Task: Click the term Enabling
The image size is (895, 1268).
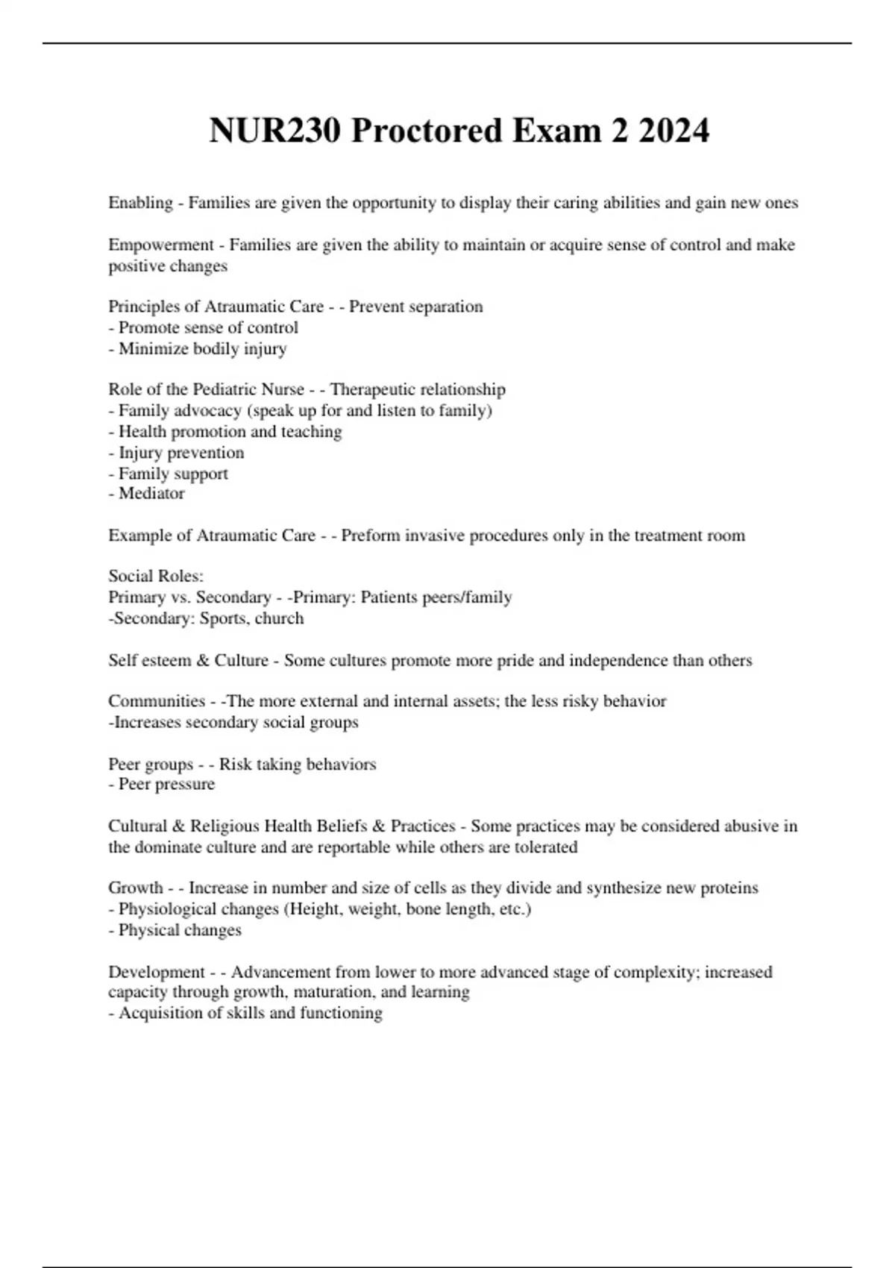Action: (x=140, y=203)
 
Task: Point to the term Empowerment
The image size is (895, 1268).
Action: (x=160, y=245)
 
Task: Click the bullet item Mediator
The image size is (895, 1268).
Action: (x=151, y=493)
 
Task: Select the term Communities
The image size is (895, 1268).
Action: (x=156, y=701)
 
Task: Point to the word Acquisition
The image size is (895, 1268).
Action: (x=163, y=1013)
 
